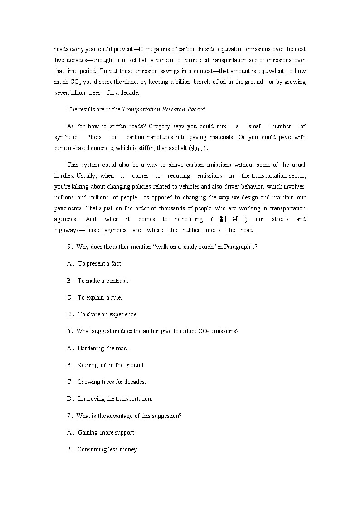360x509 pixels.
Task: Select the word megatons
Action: [x=136, y=49]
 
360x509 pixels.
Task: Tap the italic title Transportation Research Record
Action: [x=164, y=109]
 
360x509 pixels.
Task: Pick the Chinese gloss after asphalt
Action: [x=197, y=148]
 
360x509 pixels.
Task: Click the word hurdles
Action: [x=64, y=176]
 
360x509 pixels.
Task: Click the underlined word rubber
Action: [x=191, y=230]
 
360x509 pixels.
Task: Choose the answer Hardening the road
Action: [x=103, y=349]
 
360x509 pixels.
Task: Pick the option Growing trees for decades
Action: [x=112, y=382]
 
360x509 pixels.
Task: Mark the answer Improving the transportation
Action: [x=115, y=399]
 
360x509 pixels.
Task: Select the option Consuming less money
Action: [x=107, y=450]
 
